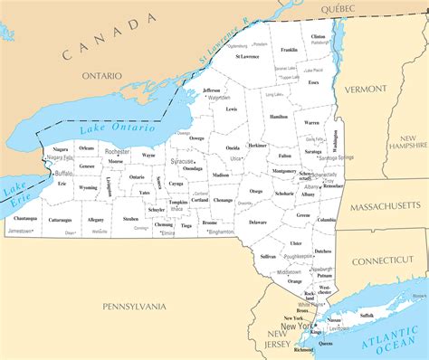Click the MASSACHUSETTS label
tap(386, 205)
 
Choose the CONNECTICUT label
tap(382, 261)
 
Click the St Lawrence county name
tap(247, 56)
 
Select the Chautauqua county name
tap(25, 218)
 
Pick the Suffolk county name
tap(367, 315)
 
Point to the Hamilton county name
tap(279, 117)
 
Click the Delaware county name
tap(258, 222)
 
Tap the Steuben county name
tap(131, 218)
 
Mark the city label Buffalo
tap(64, 173)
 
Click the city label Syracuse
tap(181, 161)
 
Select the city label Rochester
tap(117, 152)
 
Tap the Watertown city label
tap(219, 98)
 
